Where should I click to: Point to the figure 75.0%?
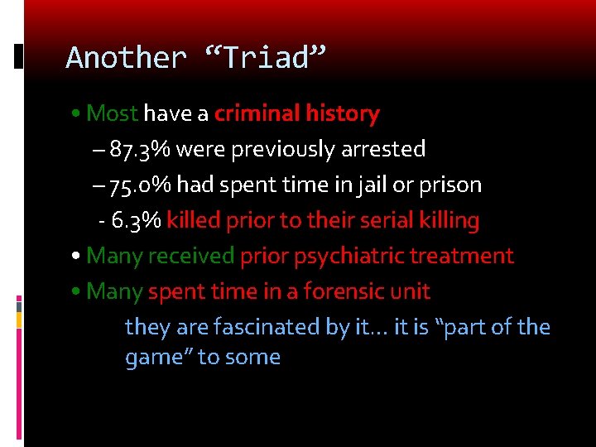point(141,185)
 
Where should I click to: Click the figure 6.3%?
point(137,220)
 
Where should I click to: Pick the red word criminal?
point(257,113)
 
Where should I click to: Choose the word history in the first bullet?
point(342,113)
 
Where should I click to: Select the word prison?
point(452,185)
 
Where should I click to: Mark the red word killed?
point(194,220)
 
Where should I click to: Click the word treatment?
point(470,256)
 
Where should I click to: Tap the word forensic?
point(348,291)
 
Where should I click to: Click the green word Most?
point(113,113)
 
